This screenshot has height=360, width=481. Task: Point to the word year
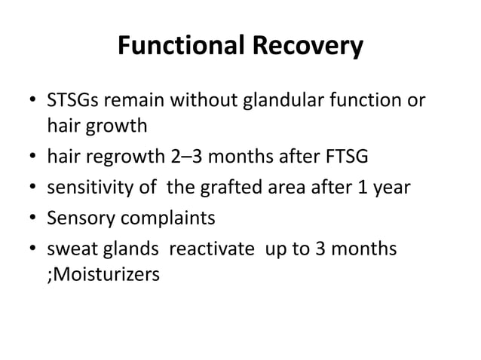(x=391, y=188)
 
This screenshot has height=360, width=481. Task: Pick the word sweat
(x=70, y=249)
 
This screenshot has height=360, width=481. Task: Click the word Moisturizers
(x=106, y=275)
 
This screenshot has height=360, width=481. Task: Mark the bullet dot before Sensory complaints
(x=31, y=219)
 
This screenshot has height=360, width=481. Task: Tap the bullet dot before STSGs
(x=31, y=102)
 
